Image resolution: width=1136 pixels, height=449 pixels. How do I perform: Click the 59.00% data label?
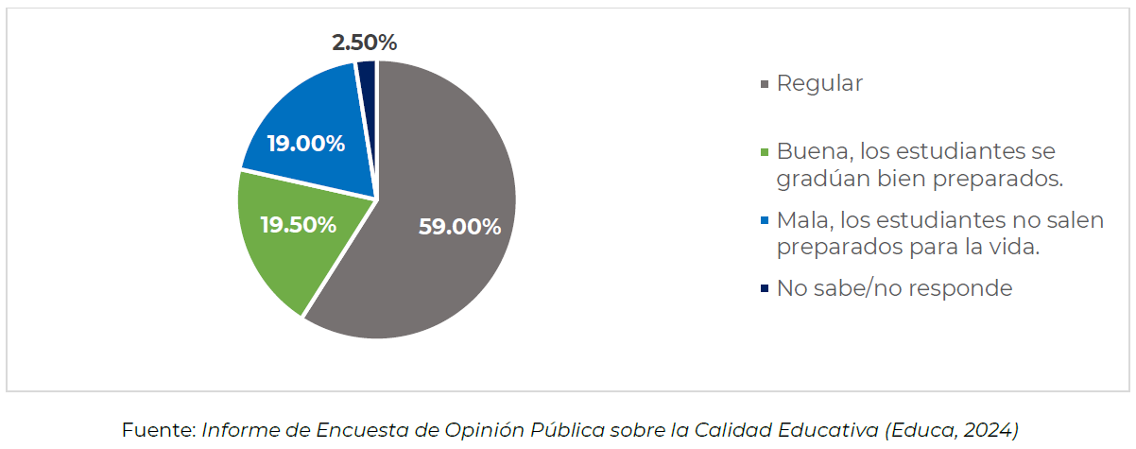[459, 227]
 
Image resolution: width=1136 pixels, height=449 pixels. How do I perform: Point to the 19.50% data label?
[298, 225]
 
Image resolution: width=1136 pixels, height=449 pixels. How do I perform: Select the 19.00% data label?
[305, 145]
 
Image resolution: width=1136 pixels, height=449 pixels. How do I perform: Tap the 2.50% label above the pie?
[364, 43]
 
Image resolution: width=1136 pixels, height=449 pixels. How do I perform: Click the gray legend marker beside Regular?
[765, 85]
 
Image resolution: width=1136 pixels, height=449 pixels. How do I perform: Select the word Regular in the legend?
[819, 83]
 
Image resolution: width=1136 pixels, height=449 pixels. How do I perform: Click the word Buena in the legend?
[807, 151]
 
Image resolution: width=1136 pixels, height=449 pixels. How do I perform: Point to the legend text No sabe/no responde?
[894, 288]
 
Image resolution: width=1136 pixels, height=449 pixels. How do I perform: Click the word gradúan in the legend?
[818, 178]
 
